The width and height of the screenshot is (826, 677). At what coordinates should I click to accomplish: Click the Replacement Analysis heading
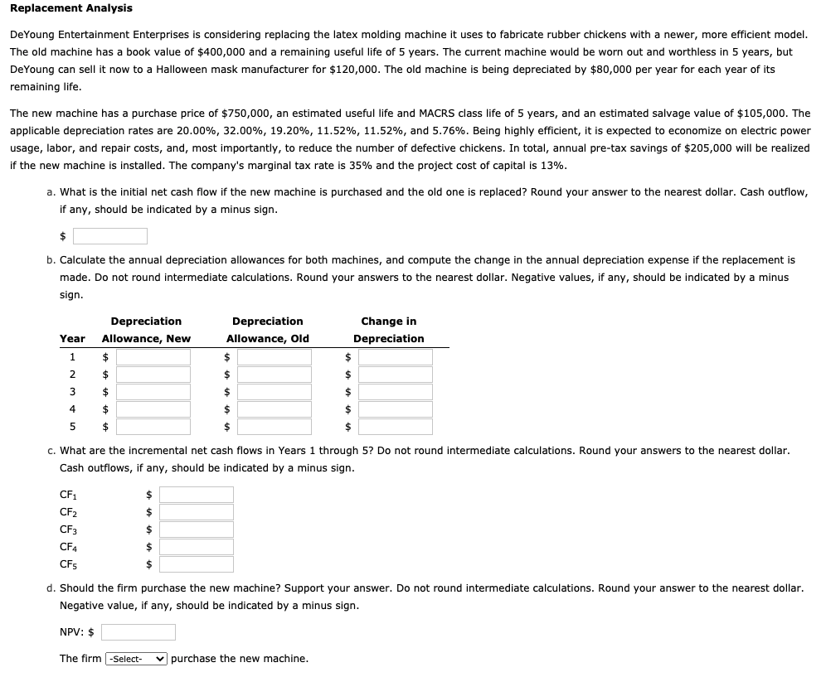point(70,8)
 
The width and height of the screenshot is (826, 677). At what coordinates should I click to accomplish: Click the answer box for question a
point(110,236)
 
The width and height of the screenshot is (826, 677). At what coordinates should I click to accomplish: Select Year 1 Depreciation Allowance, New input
point(153,357)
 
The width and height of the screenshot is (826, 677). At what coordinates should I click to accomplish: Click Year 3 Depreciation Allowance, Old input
point(274,392)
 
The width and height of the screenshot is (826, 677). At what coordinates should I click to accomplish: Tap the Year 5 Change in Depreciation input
point(395,427)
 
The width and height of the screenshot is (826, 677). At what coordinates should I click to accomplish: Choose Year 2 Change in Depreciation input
point(395,375)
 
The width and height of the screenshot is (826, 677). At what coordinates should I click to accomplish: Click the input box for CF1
point(197,495)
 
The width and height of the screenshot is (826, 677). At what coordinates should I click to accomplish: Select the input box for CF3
point(197,530)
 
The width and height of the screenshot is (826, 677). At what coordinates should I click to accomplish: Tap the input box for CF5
point(197,564)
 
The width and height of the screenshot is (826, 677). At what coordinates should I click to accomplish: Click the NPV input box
point(138,632)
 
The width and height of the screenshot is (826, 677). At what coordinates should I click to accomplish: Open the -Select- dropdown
point(136,659)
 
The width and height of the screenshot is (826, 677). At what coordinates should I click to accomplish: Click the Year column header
point(72,338)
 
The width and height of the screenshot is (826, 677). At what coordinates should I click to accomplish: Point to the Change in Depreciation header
point(388,330)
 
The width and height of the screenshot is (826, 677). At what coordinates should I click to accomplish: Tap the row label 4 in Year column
point(72,409)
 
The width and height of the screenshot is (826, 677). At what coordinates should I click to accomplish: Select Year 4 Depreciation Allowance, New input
point(153,409)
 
